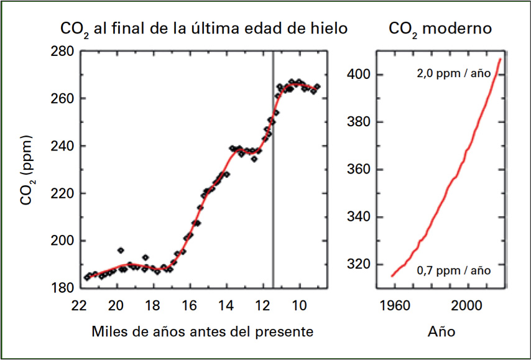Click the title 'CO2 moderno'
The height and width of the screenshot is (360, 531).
[440, 29]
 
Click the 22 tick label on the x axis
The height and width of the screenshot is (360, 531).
[78, 305]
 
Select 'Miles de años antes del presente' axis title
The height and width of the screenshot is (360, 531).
[202, 331]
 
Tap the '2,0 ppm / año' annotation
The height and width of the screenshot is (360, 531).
[454, 73]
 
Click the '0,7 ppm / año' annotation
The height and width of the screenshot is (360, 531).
[454, 270]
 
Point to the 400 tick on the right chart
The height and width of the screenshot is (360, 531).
[362, 75]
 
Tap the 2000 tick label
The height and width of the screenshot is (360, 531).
[468, 305]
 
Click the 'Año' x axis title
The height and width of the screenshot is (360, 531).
[441, 331]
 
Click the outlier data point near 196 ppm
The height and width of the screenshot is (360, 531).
[121, 251]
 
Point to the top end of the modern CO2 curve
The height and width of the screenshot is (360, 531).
[501, 59]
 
